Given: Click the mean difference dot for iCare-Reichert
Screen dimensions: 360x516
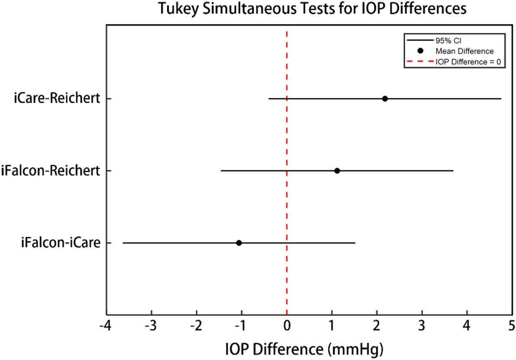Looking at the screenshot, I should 385,99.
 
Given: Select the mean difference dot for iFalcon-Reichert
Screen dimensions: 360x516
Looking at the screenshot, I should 337,171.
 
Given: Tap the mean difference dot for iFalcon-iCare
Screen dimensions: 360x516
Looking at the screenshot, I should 239,243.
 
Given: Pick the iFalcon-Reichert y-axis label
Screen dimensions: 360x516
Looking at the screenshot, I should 51,171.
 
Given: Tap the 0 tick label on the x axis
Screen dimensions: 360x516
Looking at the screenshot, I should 287,325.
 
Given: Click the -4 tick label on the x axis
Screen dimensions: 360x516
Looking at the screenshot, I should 104,325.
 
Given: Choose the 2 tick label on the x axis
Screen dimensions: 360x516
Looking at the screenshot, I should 377,325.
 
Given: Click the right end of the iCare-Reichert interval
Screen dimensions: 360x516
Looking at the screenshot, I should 501,99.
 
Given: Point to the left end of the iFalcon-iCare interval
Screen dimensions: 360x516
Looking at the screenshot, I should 123,243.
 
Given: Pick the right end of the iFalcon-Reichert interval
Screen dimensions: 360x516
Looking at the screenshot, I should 453,171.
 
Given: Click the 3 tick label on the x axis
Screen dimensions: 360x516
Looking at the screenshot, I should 422,325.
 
